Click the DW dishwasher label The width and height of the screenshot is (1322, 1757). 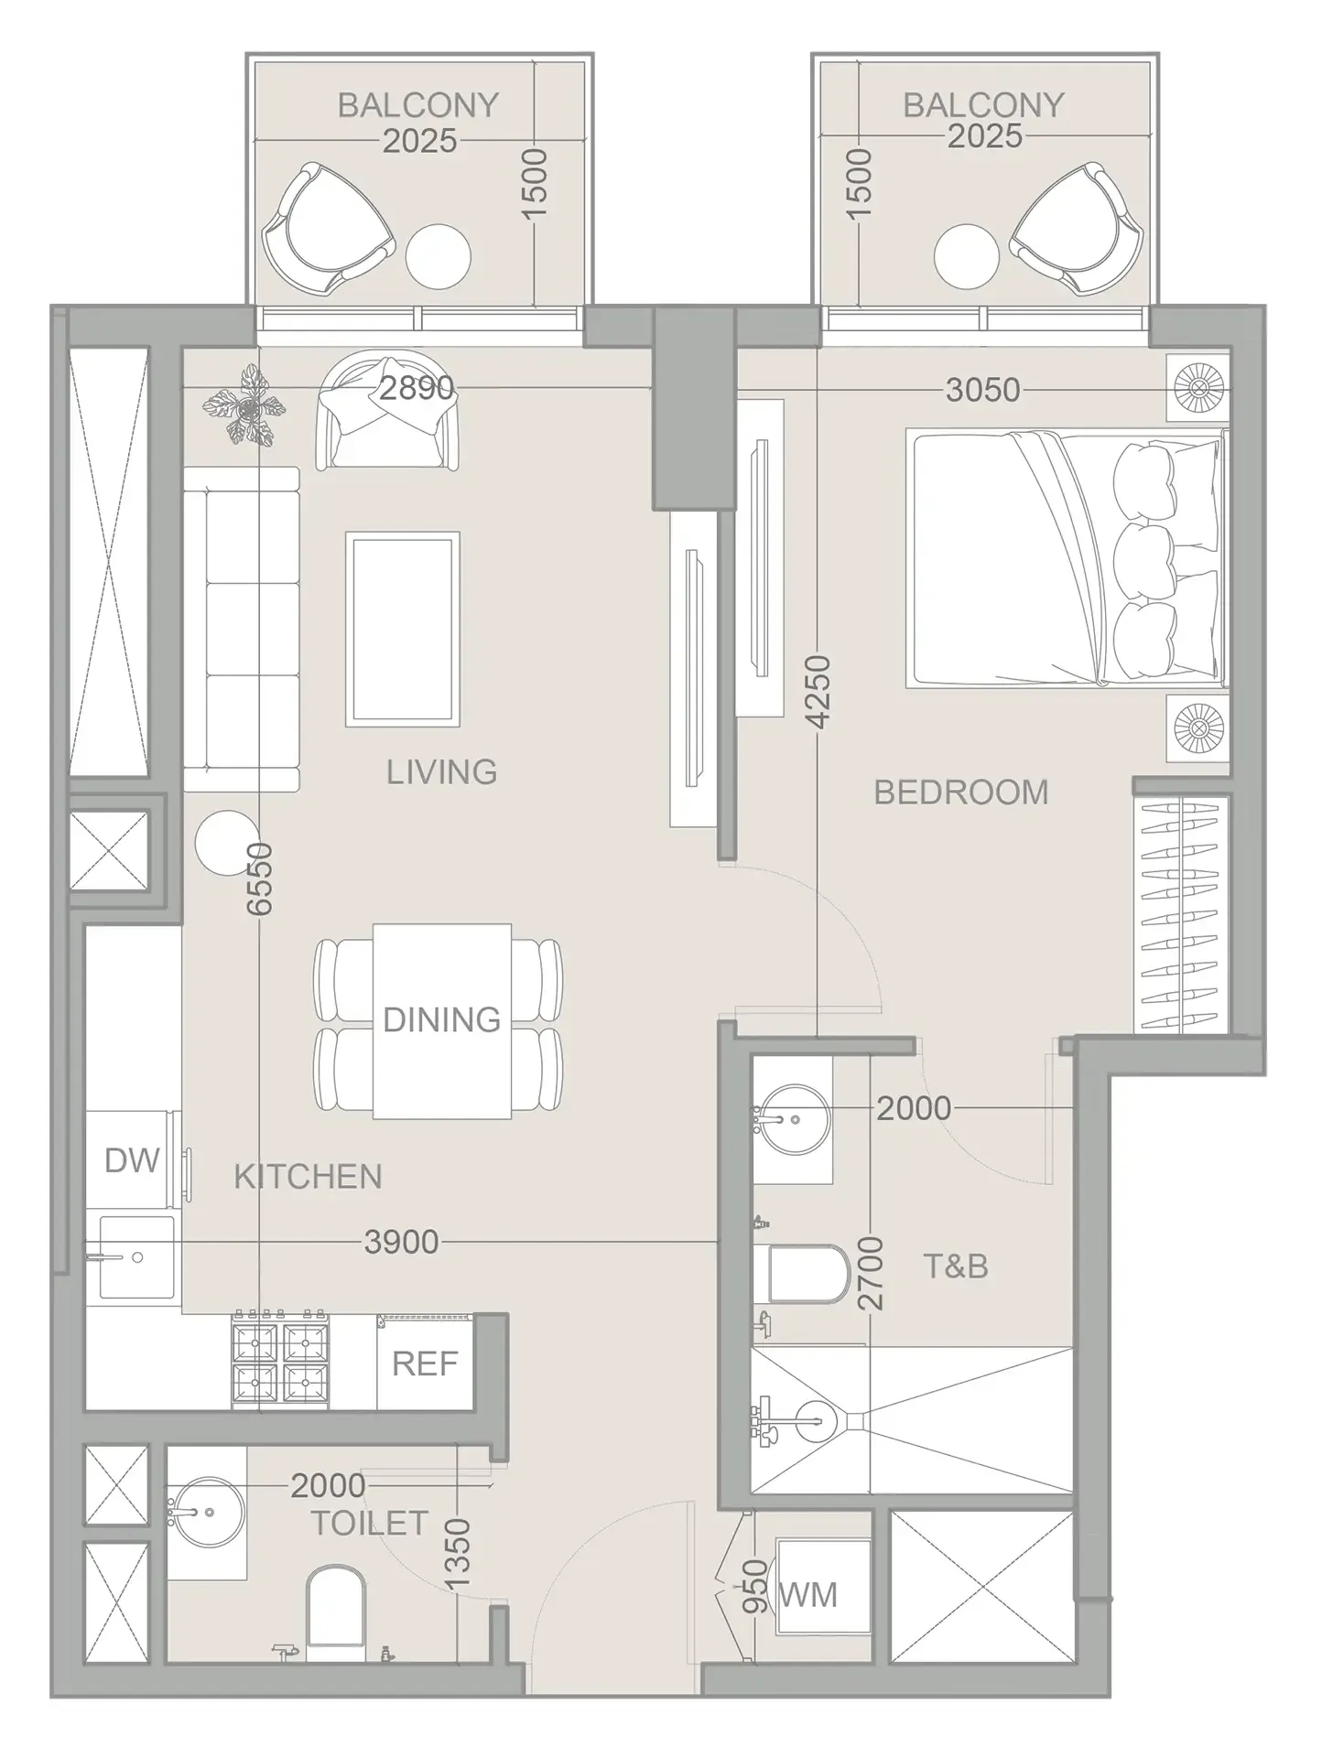pos(133,1160)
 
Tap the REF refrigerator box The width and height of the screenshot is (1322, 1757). pos(424,1364)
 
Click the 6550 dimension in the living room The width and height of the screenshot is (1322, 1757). pos(260,878)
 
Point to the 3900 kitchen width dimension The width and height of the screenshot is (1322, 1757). pos(401,1242)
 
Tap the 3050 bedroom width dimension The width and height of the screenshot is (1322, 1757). pos(982,390)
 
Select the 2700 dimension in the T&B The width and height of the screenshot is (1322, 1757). pos(871,1273)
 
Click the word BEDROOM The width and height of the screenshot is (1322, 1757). pos(960,792)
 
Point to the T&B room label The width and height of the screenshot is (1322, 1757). pos(955,1267)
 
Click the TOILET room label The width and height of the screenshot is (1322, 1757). pos(369,1524)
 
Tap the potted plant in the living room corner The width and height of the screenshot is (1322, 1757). pos(244,405)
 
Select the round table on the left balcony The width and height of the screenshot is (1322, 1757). pos(438,257)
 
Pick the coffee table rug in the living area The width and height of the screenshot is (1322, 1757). pos(402,630)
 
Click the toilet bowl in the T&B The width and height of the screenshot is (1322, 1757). pos(807,1273)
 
